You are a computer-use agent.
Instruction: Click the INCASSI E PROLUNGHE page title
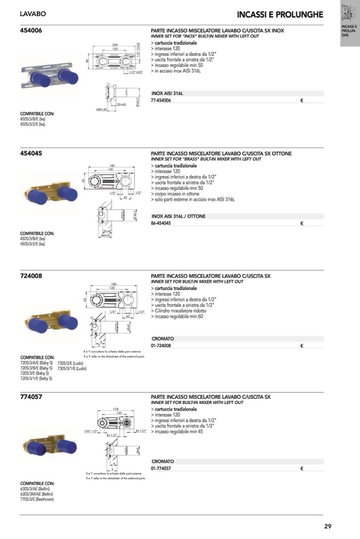coord(280,14)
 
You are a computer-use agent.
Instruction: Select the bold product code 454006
coord(31,30)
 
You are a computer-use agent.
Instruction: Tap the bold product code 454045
coord(31,153)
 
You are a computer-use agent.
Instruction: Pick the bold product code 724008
coord(31,276)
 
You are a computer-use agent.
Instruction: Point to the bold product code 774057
coord(31,397)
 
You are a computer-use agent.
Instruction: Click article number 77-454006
coord(161,101)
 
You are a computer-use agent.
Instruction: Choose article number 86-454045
coord(161,223)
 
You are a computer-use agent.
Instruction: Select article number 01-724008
coord(161,346)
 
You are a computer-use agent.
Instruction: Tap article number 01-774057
coord(161,469)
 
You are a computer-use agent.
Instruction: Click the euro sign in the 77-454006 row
coord(301,101)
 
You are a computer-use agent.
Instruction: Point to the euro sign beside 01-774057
coord(301,469)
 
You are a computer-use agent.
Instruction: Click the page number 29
coord(328,526)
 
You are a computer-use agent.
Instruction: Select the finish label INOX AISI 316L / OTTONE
coord(178,216)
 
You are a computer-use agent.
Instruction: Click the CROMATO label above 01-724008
coord(163,339)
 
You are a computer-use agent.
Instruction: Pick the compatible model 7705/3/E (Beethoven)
coord(36,499)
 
